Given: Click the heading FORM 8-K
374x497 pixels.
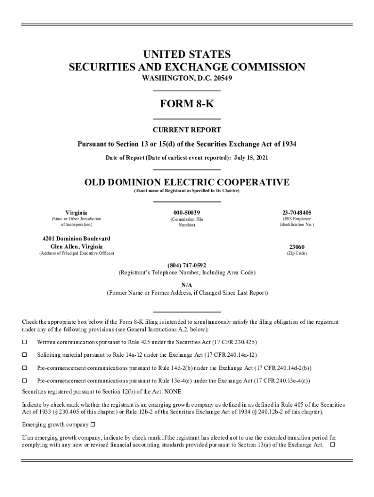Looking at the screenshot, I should (x=187, y=105).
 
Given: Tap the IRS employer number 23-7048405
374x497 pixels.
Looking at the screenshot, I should (x=297, y=213).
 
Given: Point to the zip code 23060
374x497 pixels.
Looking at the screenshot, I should (x=297, y=247).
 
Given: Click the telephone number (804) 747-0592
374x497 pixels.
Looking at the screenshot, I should (x=187, y=265).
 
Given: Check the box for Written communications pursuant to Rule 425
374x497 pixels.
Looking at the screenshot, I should (x=25, y=342).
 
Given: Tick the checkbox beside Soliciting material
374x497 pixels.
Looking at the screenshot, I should (x=25, y=355).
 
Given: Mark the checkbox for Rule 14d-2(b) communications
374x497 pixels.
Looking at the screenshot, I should (x=25, y=368).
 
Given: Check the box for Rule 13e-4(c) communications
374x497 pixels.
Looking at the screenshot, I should (x=25, y=381).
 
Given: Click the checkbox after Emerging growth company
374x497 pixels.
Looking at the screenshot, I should (x=93, y=425).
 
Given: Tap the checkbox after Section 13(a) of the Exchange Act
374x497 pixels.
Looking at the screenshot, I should (x=333, y=445).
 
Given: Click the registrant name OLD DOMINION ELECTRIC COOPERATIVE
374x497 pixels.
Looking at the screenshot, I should (x=187, y=182).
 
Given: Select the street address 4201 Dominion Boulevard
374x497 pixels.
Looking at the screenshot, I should (x=76, y=238).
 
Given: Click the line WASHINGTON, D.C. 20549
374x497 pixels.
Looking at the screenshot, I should (x=187, y=78).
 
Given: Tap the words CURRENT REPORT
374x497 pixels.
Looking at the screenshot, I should (x=187, y=130).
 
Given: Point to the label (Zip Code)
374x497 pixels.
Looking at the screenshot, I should (x=297, y=253).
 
